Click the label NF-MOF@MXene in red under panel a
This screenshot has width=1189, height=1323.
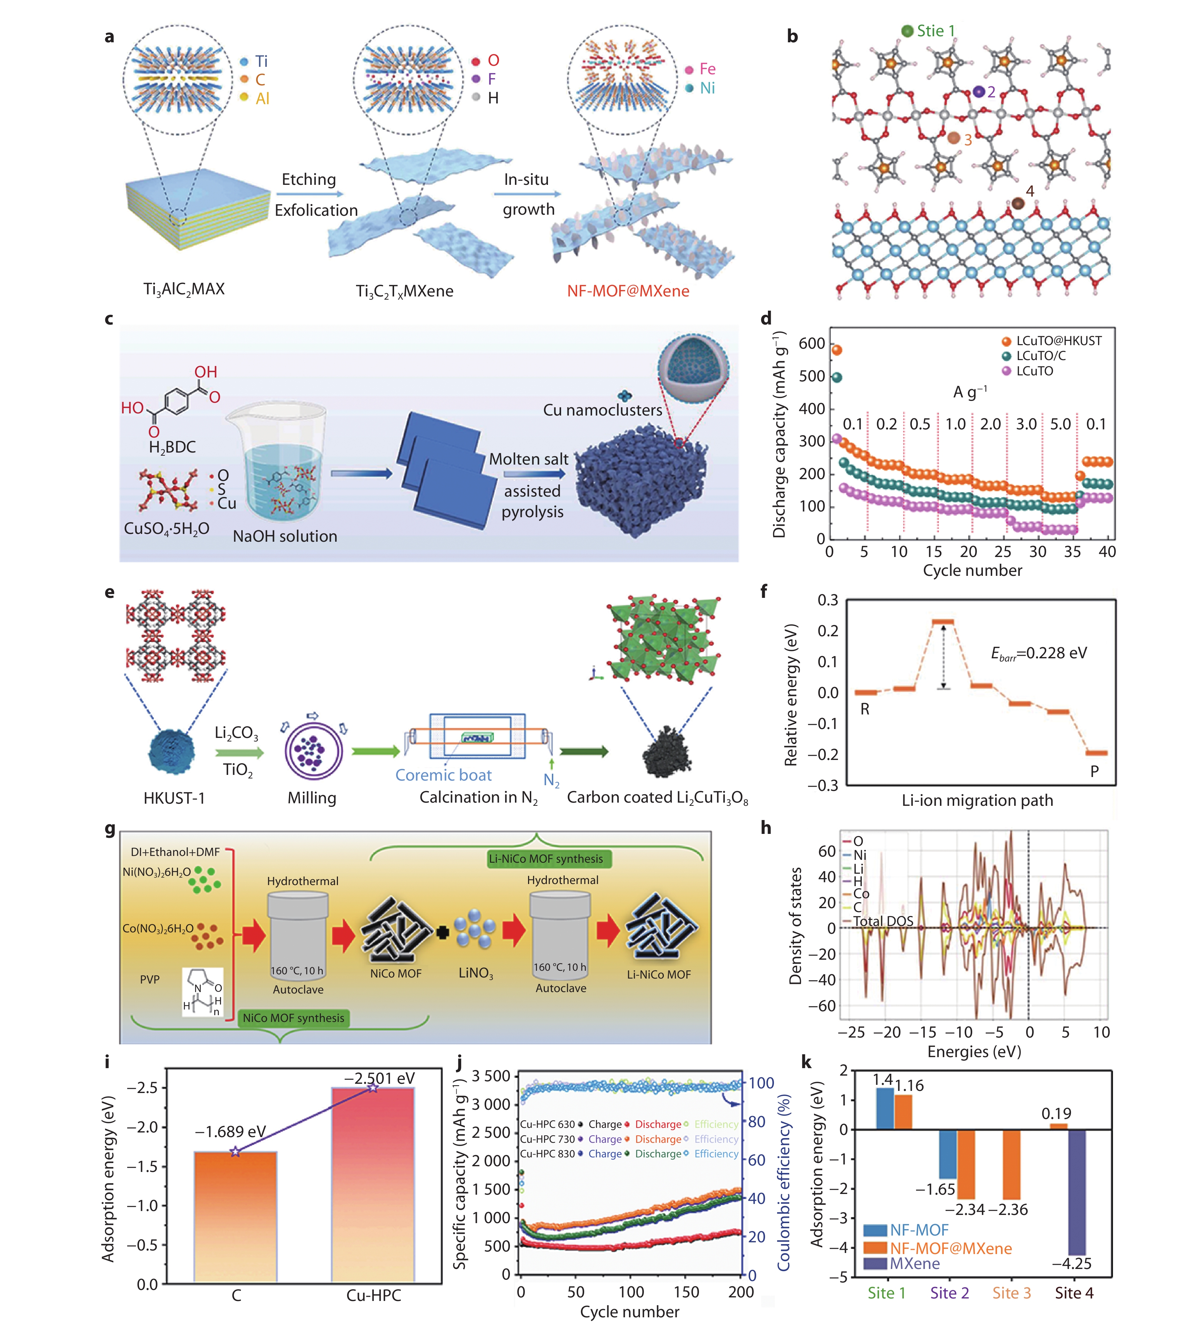pos(628,291)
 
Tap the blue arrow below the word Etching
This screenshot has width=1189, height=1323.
pos(309,194)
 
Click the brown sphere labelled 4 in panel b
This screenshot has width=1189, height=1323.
pos(1017,204)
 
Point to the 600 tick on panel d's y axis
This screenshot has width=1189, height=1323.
pos(812,344)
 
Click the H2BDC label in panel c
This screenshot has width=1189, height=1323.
pos(172,447)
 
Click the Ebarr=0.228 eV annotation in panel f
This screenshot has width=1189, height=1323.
pos(1039,653)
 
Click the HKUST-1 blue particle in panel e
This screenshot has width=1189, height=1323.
pos(172,751)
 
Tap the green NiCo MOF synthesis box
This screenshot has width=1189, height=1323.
pos(293,1018)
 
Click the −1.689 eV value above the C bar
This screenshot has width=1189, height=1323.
pos(230,1131)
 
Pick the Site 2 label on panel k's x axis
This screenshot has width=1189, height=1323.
pos(949,1293)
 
